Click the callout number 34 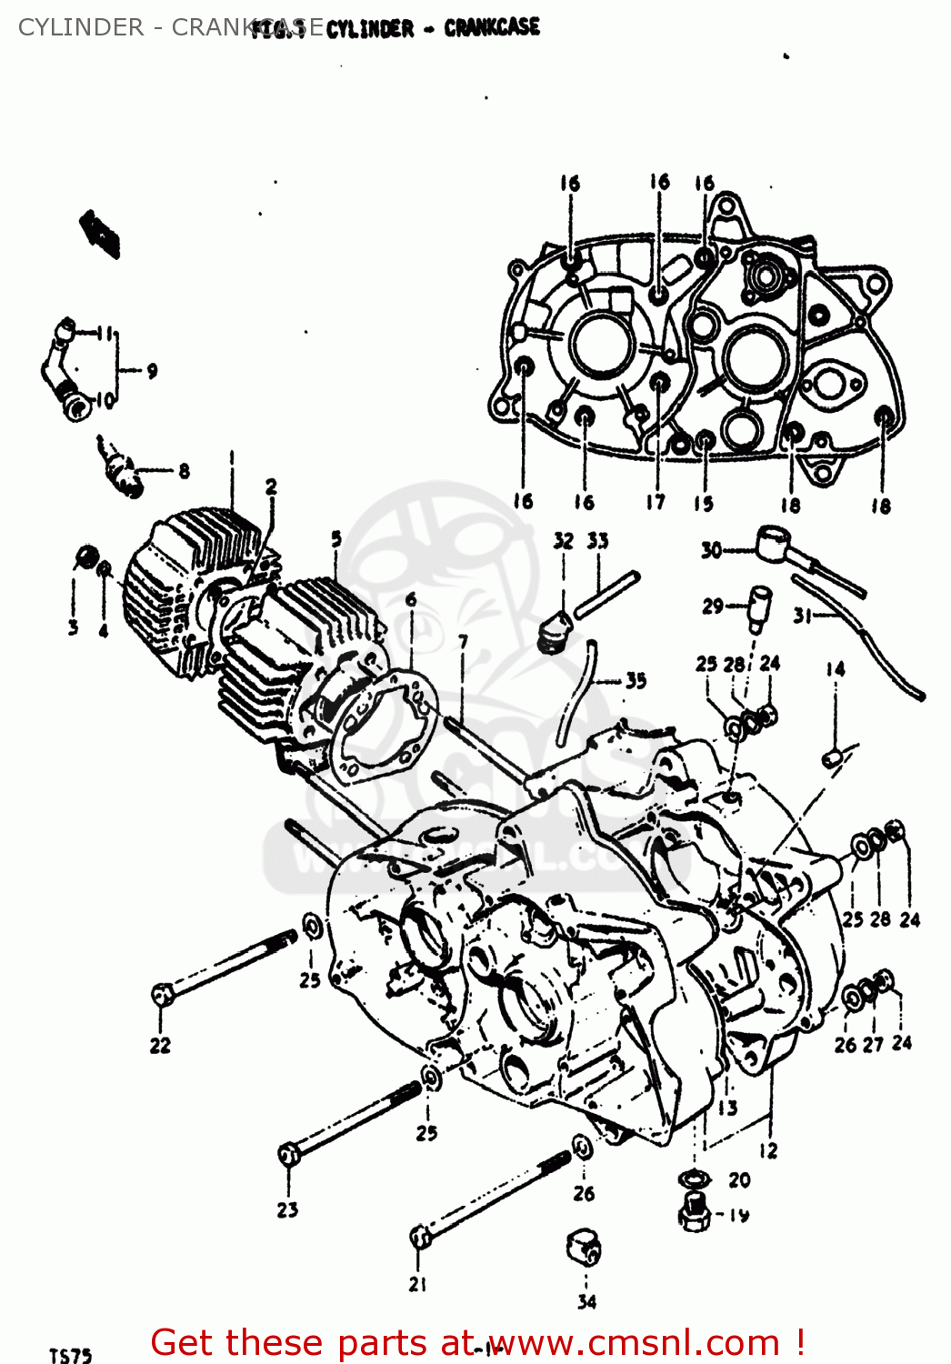pos(586,1301)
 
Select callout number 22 pos(160,1046)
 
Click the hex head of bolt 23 pos(289,1155)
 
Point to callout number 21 pos(417,1284)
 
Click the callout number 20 pos(739,1179)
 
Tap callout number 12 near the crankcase pos(768,1150)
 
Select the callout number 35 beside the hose pos(636,680)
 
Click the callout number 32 pos(564,541)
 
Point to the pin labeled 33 pos(606,594)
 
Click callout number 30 pos(711,550)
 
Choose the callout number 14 pos(835,669)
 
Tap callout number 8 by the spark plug pos(185,470)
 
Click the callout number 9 pos(152,370)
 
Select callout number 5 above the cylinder pos(336,538)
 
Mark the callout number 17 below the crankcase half pos(656,501)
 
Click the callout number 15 pos(704,503)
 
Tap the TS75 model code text pos(70,1355)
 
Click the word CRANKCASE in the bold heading pos(492,28)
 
